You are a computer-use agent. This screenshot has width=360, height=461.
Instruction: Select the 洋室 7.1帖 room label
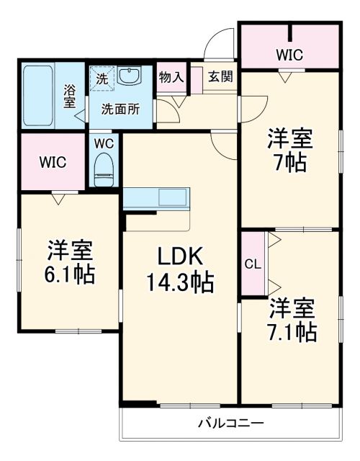pyautogui.click(x=291, y=321)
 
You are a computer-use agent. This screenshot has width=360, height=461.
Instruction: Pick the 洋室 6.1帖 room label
pyautogui.click(x=70, y=262)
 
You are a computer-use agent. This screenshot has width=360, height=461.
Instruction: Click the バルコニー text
pyautogui.click(x=230, y=423)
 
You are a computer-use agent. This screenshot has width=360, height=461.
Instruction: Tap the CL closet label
pyautogui.click(x=252, y=264)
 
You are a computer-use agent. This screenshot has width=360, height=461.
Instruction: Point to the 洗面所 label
pyautogui.click(x=120, y=109)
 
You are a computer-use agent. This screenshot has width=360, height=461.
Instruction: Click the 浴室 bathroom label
pyautogui.click(x=70, y=96)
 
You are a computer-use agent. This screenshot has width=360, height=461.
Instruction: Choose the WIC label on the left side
pyautogui.click(x=53, y=162)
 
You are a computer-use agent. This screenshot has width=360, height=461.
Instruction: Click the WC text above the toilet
pyautogui.click(x=104, y=142)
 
